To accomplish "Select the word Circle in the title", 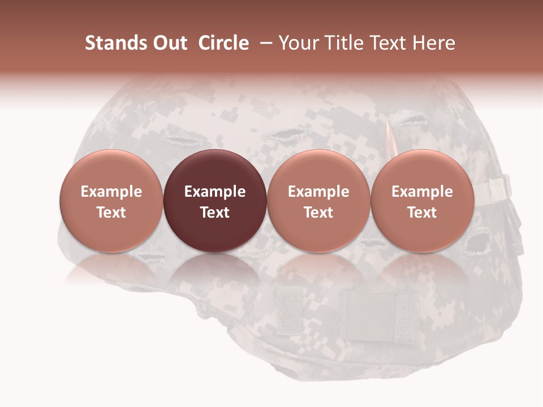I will click(x=224, y=43).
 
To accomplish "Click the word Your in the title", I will click(x=298, y=43).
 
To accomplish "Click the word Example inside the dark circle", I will click(x=215, y=192).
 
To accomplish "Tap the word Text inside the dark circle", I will click(x=215, y=213).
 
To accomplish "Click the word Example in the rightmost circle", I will click(x=423, y=192).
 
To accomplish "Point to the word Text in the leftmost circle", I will click(x=111, y=213).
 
